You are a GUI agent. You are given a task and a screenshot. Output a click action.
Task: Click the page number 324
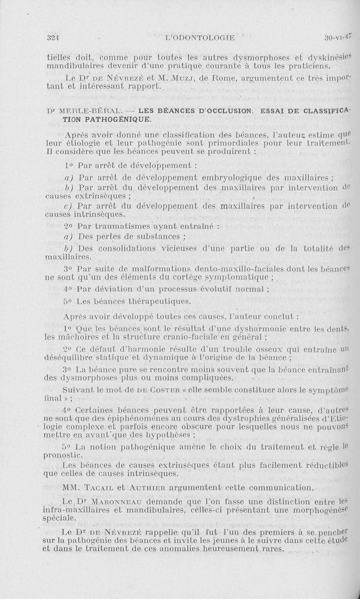(x=54, y=38)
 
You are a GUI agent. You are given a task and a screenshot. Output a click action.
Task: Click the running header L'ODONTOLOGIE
(x=201, y=38)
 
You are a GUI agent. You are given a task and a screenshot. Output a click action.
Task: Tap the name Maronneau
(x=115, y=501)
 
